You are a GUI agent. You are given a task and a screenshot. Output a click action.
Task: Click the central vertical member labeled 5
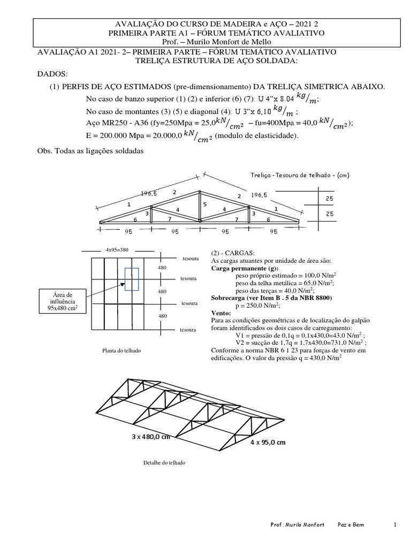click(200, 206)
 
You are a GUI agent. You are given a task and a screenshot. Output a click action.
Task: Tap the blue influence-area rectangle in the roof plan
click(132, 279)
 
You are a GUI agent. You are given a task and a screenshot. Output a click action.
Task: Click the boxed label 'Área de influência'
click(60, 301)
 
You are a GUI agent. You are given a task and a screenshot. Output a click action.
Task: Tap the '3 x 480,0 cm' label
click(150, 436)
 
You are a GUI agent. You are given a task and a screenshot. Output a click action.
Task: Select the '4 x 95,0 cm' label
click(268, 443)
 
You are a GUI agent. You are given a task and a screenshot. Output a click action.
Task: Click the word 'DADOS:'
click(52, 73)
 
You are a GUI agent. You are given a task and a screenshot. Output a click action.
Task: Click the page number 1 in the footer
click(395, 525)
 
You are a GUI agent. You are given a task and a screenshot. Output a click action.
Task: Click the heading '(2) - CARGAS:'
click(234, 253)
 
